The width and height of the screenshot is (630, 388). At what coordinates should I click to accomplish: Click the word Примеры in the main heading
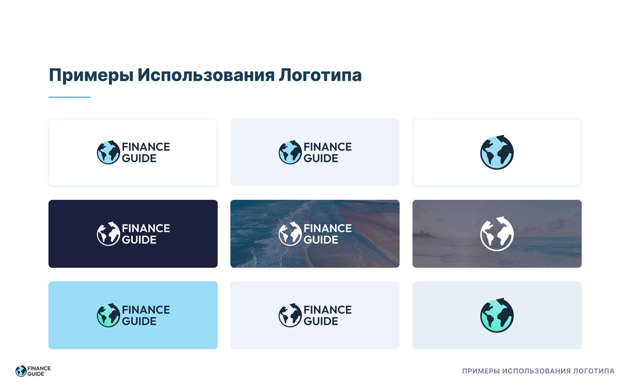pos(91,75)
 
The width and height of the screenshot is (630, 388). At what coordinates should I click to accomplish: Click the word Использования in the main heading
pos(206,75)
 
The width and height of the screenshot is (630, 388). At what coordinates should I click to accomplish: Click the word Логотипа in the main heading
pos(320,75)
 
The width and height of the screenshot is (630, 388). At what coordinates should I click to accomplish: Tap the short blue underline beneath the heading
pos(69,97)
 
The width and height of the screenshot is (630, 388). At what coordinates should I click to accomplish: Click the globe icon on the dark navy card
pos(109,234)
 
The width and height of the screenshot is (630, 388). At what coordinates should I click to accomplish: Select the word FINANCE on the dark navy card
pos(146,228)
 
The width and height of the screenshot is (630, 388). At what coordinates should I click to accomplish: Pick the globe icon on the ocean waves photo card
pos(290,234)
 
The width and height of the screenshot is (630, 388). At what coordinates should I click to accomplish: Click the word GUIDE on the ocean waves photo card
pos(321,240)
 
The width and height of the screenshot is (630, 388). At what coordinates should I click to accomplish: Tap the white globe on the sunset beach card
pos(497,234)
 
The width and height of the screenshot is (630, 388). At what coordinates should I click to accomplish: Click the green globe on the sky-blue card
pos(109,315)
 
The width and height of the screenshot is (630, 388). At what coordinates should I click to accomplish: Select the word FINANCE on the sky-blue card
pos(146,310)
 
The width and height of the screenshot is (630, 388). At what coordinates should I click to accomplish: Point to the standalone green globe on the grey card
pos(497,315)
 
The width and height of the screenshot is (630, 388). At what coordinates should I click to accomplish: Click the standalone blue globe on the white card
pos(497,152)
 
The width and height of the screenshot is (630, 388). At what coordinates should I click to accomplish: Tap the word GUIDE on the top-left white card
pos(139,158)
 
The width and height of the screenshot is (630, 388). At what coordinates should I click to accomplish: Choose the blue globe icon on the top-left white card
pos(109,152)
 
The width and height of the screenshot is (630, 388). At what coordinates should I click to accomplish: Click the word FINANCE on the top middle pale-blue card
pos(328,147)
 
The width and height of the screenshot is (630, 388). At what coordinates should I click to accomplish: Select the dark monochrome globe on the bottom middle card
pos(290,315)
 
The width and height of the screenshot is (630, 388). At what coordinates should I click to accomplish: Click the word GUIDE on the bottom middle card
pos(321,321)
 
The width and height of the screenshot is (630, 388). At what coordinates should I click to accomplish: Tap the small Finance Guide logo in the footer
pos(33,371)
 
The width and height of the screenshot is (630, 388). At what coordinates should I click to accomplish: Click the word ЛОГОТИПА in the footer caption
pos(594,371)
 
